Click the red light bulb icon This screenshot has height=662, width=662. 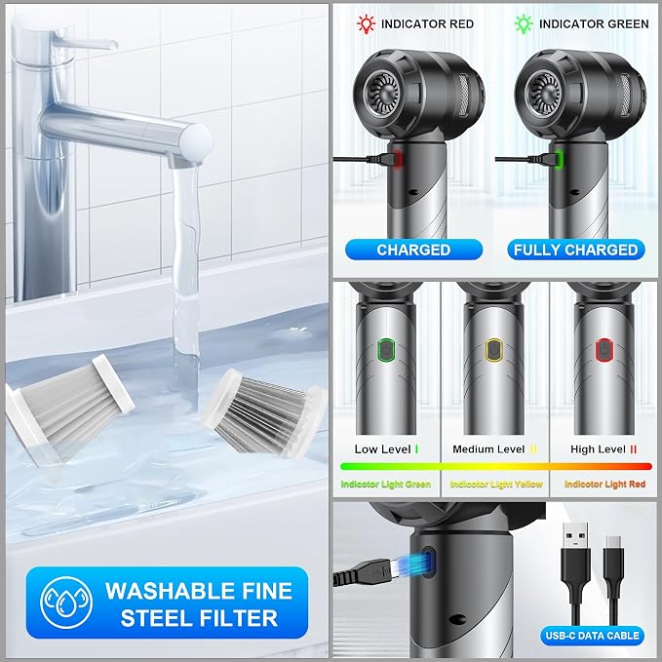[366, 23]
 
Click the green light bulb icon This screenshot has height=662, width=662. [524, 23]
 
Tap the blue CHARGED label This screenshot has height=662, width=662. [413, 250]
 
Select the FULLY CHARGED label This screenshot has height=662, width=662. [576, 250]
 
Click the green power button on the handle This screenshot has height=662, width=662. [386, 350]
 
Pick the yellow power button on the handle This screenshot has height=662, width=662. [493, 350]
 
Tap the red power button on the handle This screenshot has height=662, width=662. [604, 350]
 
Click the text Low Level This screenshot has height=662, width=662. [382, 449]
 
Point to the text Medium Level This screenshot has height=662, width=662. [488, 449]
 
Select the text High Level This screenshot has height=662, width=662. [598, 449]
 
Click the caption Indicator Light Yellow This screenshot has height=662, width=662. [496, 485]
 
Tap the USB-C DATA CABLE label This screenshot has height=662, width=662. [593, 636]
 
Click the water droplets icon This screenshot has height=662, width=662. [66, 603]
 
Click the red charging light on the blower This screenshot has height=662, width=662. [397, 159]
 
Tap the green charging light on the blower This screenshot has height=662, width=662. [559, 159]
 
